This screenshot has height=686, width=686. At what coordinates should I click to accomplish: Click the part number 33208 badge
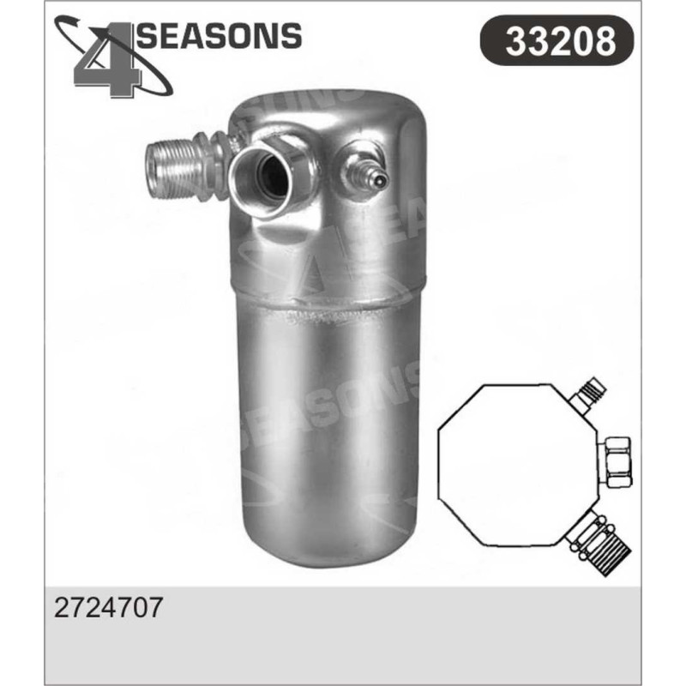click(x=557, y=40)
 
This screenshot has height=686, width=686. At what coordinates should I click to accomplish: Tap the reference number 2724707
click(x=108, y=607)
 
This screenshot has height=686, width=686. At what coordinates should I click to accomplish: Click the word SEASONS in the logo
click(x=220, y=35)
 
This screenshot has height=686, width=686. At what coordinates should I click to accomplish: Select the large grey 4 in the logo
click(x=108, y=60)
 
